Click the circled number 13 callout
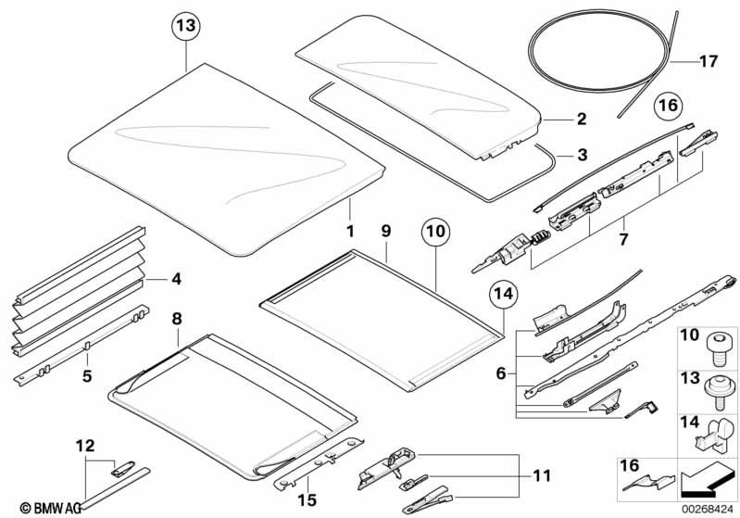pyautogui.click(x=186, y=26)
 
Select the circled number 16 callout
pyautogui.click(x=669, y=105)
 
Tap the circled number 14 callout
pyautogui.click(x=504, y=294)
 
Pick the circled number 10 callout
pyautogui.click(x=435, y=232)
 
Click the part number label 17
pyautogui.click(x=709, y=61)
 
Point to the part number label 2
pyautogui.click(x=582, y=119)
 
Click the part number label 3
pyautogui.click(x=583, y=155)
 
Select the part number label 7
pyautogui.click(x=624, y=239)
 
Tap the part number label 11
pyautogui.click(x=541, y=475)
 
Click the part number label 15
pyautogui.click(x=307, y=500)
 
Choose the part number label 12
pyautogui.click(x=85, y=446)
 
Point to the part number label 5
pyautogui.click(x=87, y=376)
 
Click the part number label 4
pyautogui.click(x=176, y=279)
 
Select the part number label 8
pyautogui.click(x=177, y=319)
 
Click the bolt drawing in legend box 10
pyautogui.click(x=716, y=350)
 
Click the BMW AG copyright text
pyautogui.click(x=50, y=508)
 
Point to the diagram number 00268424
pyautogui.click(x=708, y=509)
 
